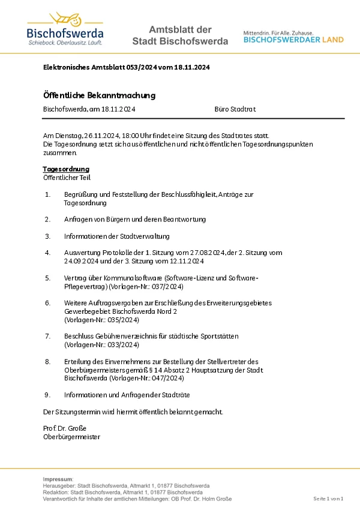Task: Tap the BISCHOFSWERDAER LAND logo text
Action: [x=293, y=40]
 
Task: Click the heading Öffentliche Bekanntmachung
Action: [x=100, y=95]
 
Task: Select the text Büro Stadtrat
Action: [x=235, y=109]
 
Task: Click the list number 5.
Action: [x=47, y=278]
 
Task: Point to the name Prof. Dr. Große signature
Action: [x=65, y=428]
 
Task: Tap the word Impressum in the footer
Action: [x=58, y=479]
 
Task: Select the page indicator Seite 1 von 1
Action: [x=328, y=499]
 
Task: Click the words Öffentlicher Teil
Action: [x=67, y=178]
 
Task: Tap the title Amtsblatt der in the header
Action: [x=180, y=29]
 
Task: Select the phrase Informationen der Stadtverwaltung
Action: [x=117, y=236]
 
